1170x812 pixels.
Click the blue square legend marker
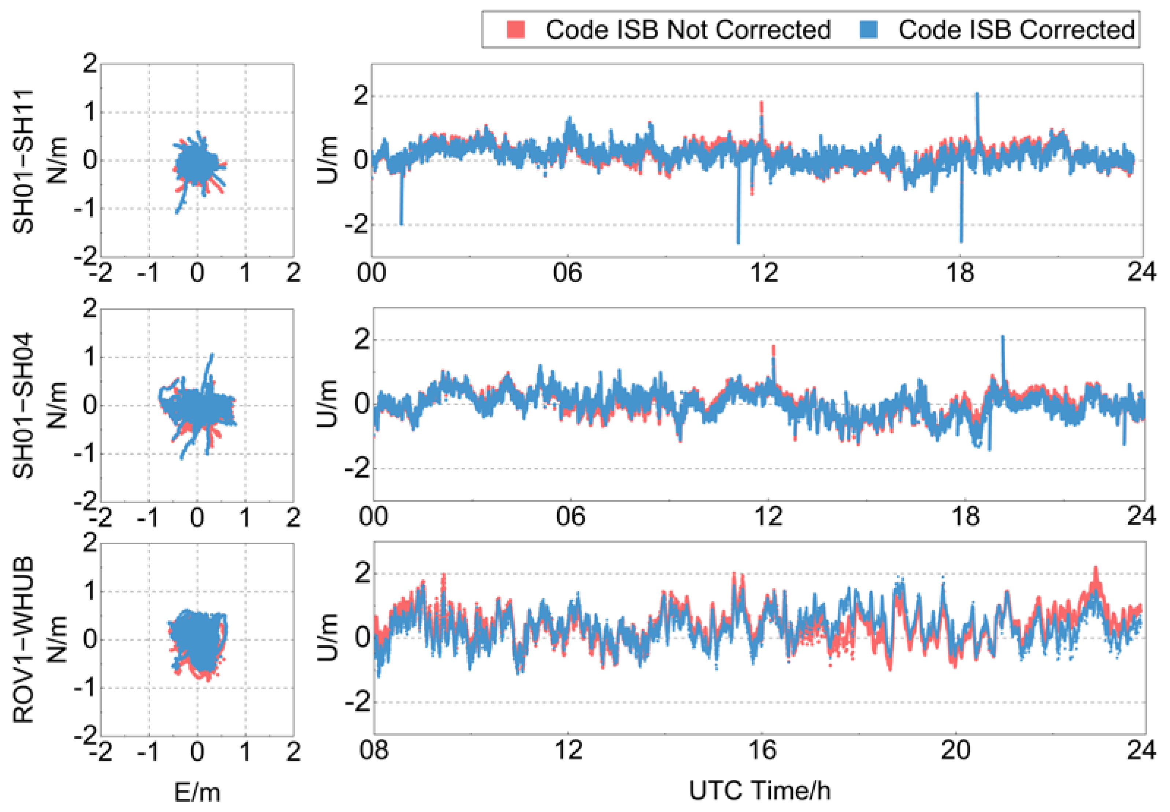point(869,30)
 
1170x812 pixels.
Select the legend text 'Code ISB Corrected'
point(1016,30)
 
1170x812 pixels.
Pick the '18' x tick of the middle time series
point(965,517)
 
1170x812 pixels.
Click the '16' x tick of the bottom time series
point(762,751)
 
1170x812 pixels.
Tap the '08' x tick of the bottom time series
point(374,751)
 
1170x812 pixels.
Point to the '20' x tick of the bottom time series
point(955,751)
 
